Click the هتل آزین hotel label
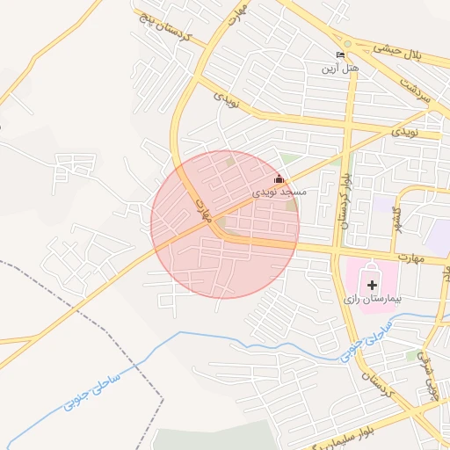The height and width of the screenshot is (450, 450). (339, 68)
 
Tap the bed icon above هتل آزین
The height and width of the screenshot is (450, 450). (341, 54)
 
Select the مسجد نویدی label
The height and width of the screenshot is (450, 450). (279, 192)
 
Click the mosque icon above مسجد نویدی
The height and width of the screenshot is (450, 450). (279, 179)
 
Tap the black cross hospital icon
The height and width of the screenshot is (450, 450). (372, 284)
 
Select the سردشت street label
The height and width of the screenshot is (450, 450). (414, 87)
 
